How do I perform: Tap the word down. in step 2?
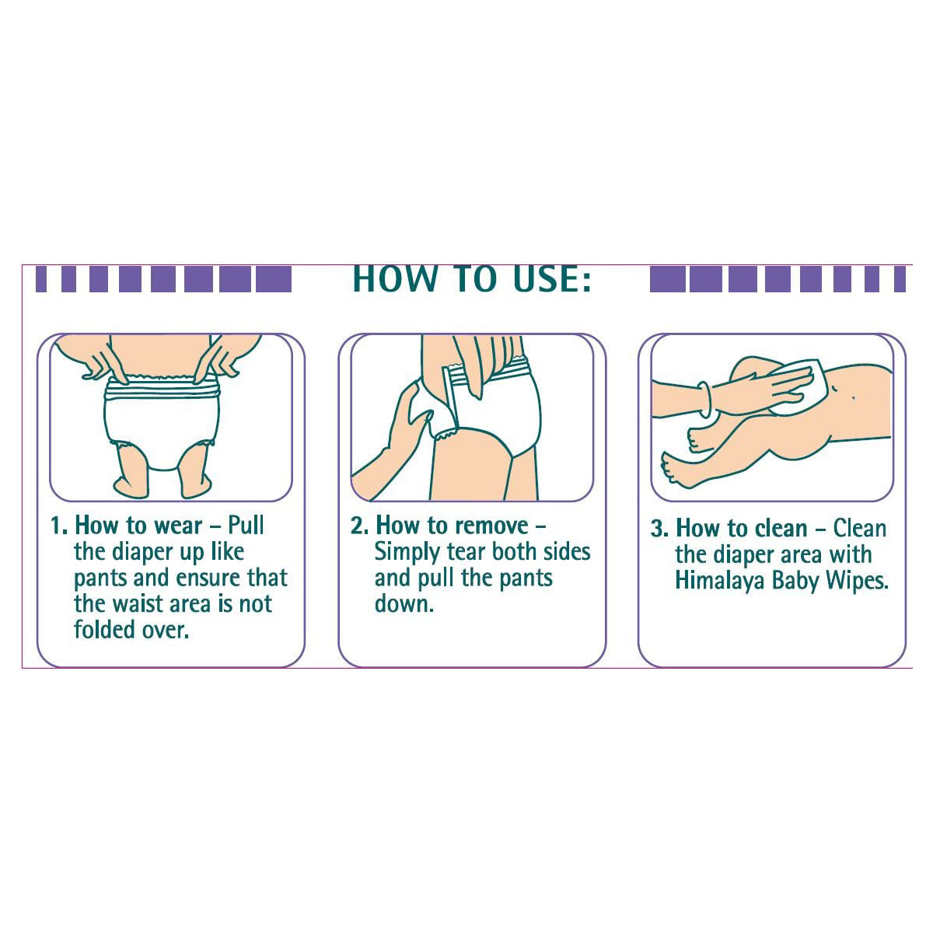(404, 603)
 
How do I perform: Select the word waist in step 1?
(139, 604)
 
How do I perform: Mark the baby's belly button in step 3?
(853, 397)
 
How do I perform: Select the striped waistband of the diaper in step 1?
(162, 387)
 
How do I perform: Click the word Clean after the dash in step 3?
(859, 528)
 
